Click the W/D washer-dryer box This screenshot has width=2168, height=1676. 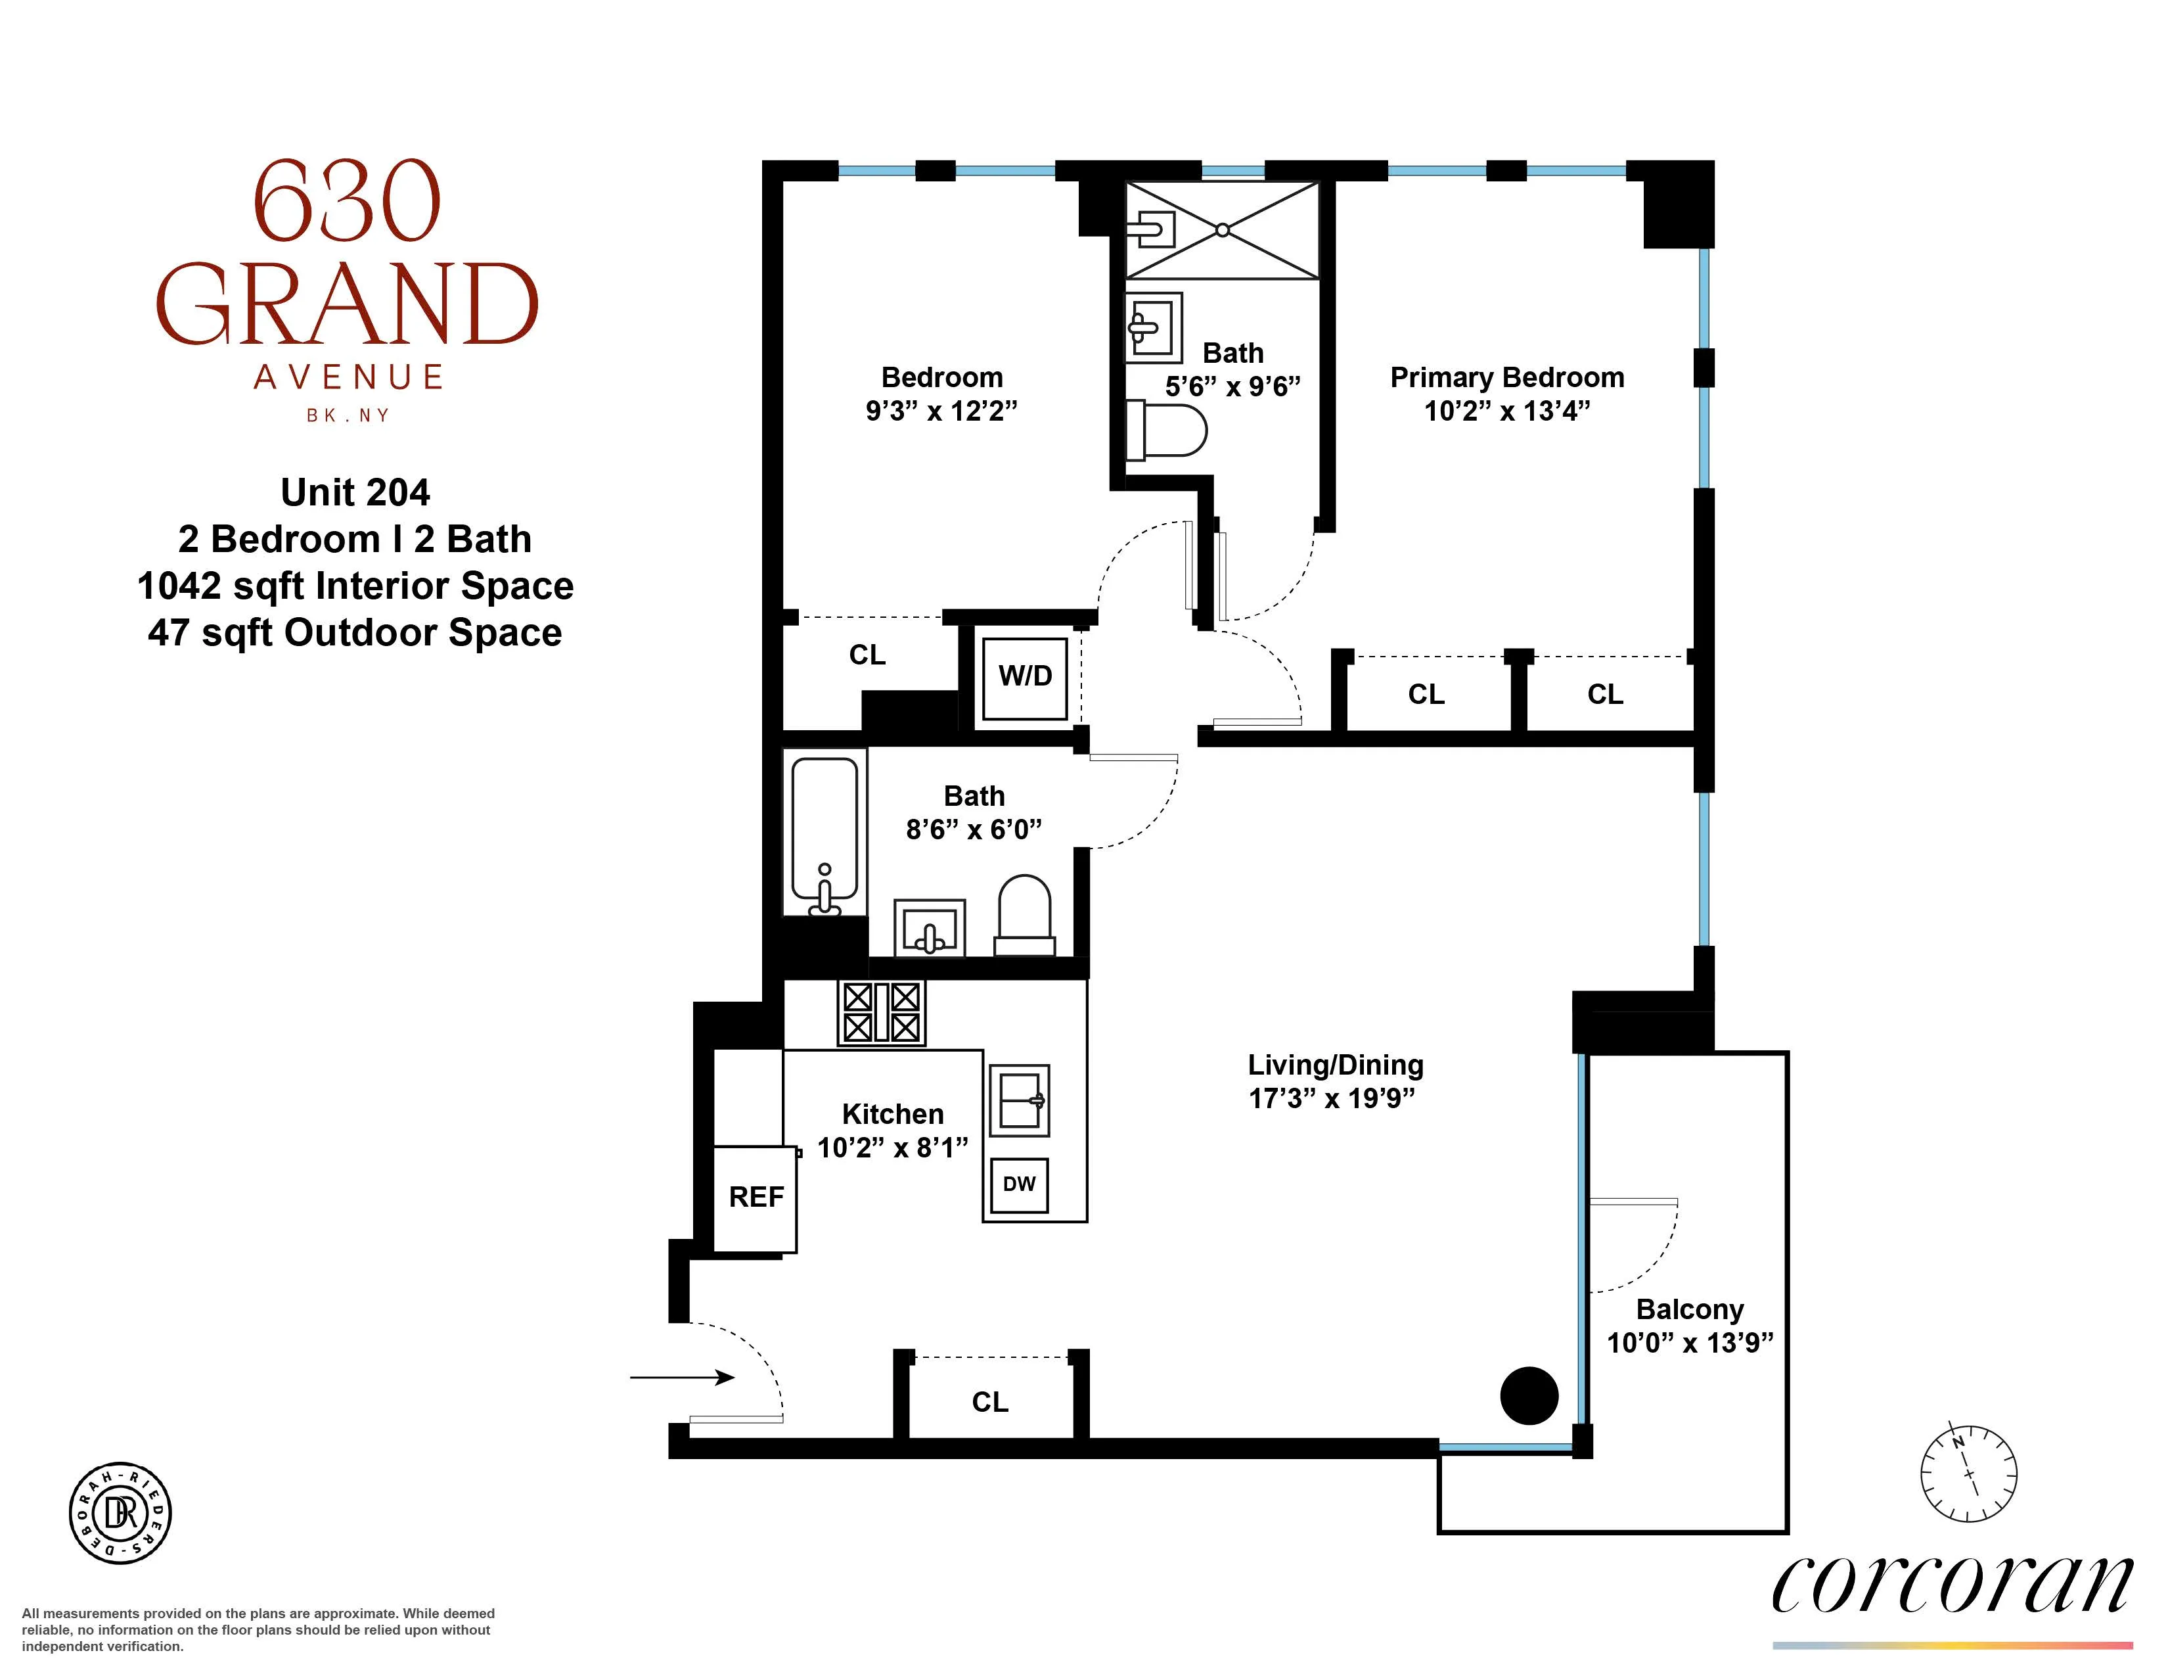click(x=1024, y=678)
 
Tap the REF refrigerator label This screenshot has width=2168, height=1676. click(x=756, y=1198)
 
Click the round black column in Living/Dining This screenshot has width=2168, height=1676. click(x=1529, y=1395)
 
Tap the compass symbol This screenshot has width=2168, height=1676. click(x=1968, y=1474)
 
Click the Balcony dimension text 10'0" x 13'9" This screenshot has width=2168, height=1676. click(x=1690, y=1342)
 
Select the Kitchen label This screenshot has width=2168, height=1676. click(x=892, y=1114)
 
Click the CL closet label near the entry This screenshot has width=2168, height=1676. click(x=989, y=1402)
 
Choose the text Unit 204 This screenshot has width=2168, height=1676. click(x=355, y=492)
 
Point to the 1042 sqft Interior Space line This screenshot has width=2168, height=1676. click(x=355, y=586)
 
